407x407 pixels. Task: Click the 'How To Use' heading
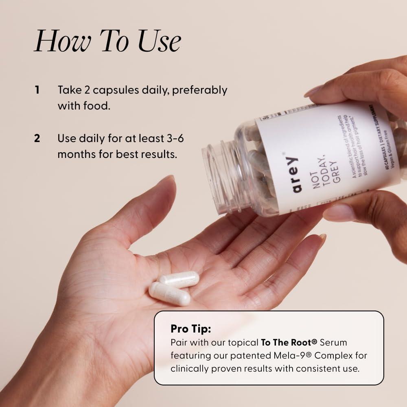click(x=107, y=42)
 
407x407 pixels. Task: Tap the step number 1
click(x=37, y=90)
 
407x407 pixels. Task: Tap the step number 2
click(x=37, y=138)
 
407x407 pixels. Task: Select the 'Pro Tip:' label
click(x=191, y=328)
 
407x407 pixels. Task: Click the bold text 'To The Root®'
click(x=289, y=342)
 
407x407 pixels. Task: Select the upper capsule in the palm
click(x=179, y=280)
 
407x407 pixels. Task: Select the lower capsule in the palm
click(x=169, y=293)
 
